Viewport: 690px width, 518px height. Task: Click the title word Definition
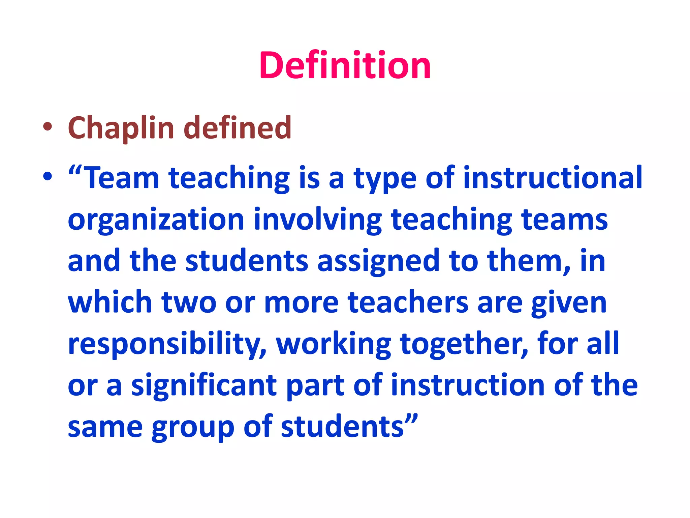pyautogui.click(x=345, y=65)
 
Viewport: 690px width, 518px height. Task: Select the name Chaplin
pyautogui.click(x=121, y=128)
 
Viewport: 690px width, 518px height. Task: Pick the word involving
pyautogui.click(x=318, y=220)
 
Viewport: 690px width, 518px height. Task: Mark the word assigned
pyautogui.click(x=378, y=262)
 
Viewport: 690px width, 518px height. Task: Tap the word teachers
pyautogui.click(x=408, y=303)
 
